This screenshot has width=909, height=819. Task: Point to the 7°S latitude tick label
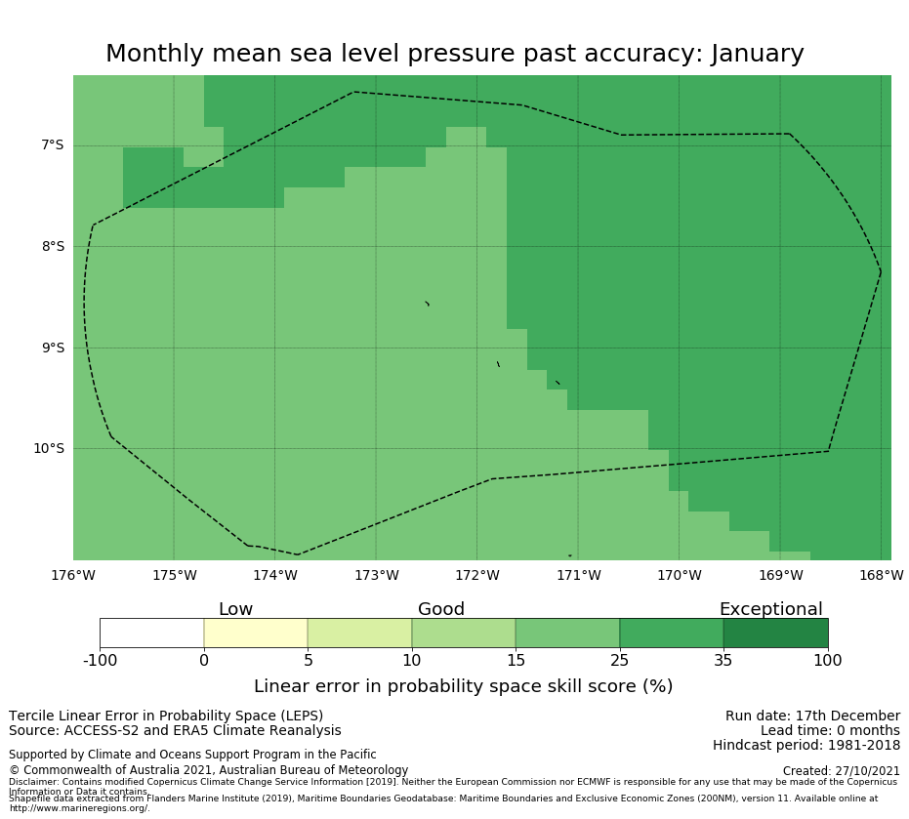(x=52, y=145)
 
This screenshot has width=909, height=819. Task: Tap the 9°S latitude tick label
(x=52, y=348)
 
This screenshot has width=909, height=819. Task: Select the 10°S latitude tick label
(x=48, y=449)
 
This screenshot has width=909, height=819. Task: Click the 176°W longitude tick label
(x=73, y=576)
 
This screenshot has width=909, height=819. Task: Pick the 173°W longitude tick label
(x=376, y=576)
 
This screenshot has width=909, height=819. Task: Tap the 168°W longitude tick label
(x=881, y=576)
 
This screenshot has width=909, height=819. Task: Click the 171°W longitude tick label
(x=578, y=576)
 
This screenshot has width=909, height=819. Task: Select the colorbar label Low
(x=235, y=610)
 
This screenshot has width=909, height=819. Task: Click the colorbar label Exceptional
(x=770, y=610)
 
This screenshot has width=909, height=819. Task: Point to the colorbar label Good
(x=441, y=610)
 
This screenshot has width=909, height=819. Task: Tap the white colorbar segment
(x=151, y=634)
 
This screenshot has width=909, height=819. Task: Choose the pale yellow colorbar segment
(x=256, y=634)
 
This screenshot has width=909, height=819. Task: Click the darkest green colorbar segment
(x=775, y=634)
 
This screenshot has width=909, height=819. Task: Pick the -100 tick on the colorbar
(x=100, y=661)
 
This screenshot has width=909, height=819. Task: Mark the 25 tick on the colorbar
(x=619, y=661)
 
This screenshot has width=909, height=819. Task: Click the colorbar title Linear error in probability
(x=463, y=686)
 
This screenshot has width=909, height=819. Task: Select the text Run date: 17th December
(x=812, y=717)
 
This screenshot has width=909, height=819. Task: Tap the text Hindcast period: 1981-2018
(x=806, y=746)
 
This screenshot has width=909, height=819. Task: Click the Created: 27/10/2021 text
(x=842, y=771)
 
